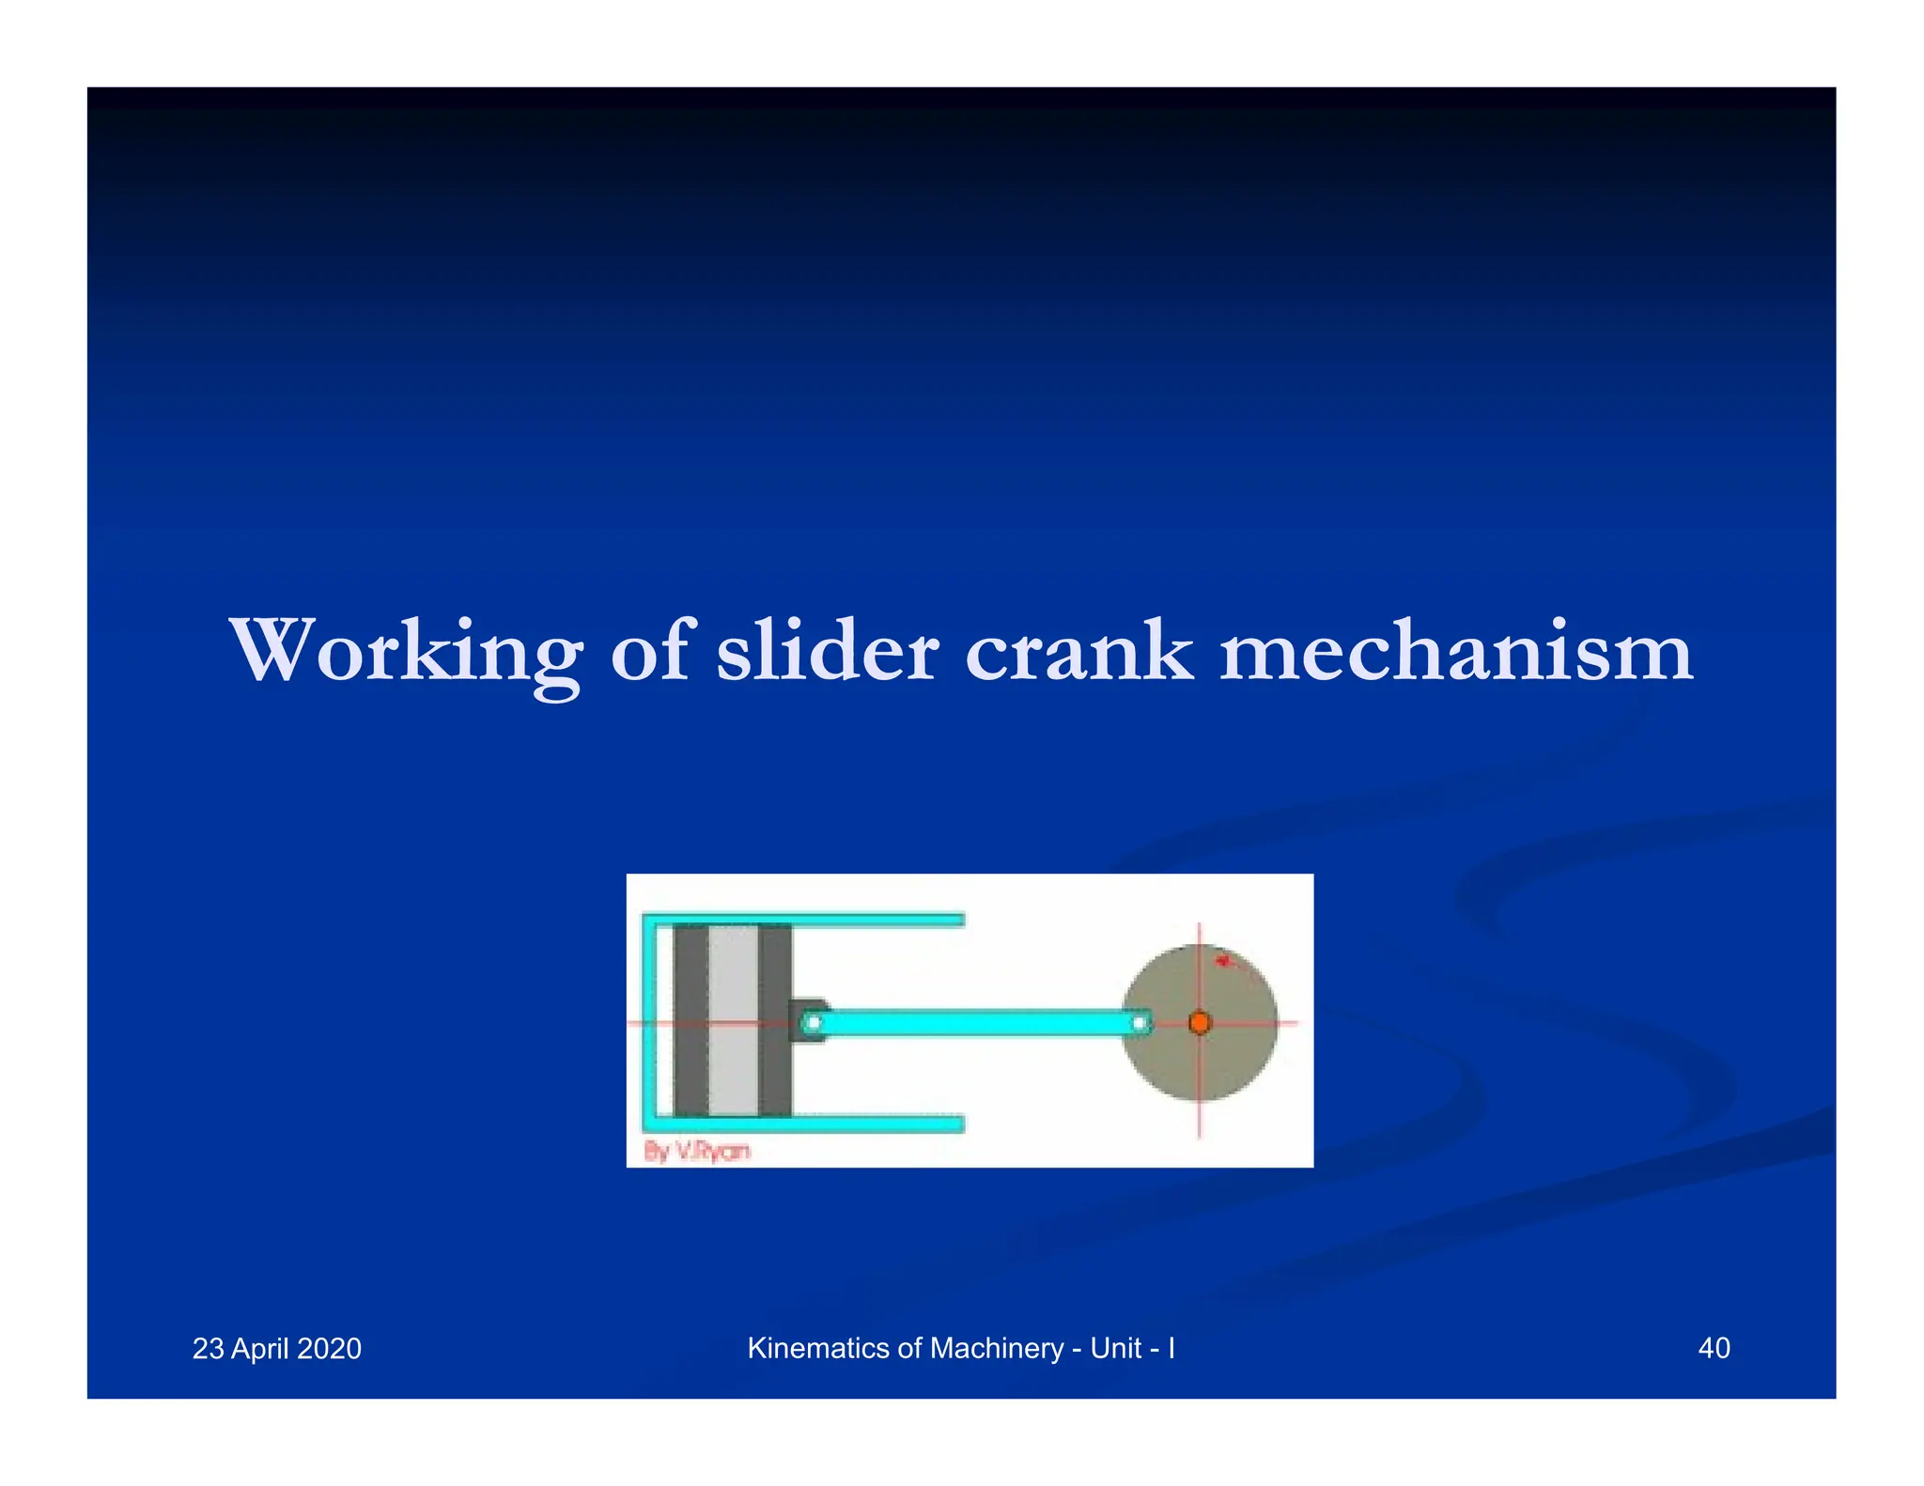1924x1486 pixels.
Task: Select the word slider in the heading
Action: pyautogui.click(x=827, y=651)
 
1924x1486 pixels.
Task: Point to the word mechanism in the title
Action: pyautogui.click(x=1455, y=651)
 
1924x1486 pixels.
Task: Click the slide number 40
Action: pyautogui.click(x=1714, y=1348)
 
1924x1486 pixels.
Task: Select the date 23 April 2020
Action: pyautogui.click(x=277, y=1349)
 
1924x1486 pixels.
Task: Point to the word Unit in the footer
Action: pyautogui.click(x=1116, y=1348)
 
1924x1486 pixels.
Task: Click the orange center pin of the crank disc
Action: pyautogui.click(x=1200, y=1022)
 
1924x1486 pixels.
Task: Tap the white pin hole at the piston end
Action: pyautogui.click(x=815, y=1022)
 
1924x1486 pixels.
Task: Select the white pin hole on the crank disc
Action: pyautogui.click(x=1140, y=1022)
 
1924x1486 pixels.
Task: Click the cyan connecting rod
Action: pyautogui.click(x=977, y=1022)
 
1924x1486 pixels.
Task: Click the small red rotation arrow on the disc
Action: pyautogui.click(x=1222, y=960)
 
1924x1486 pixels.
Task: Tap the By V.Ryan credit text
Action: pyautogui.click(x=697, y=1151)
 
